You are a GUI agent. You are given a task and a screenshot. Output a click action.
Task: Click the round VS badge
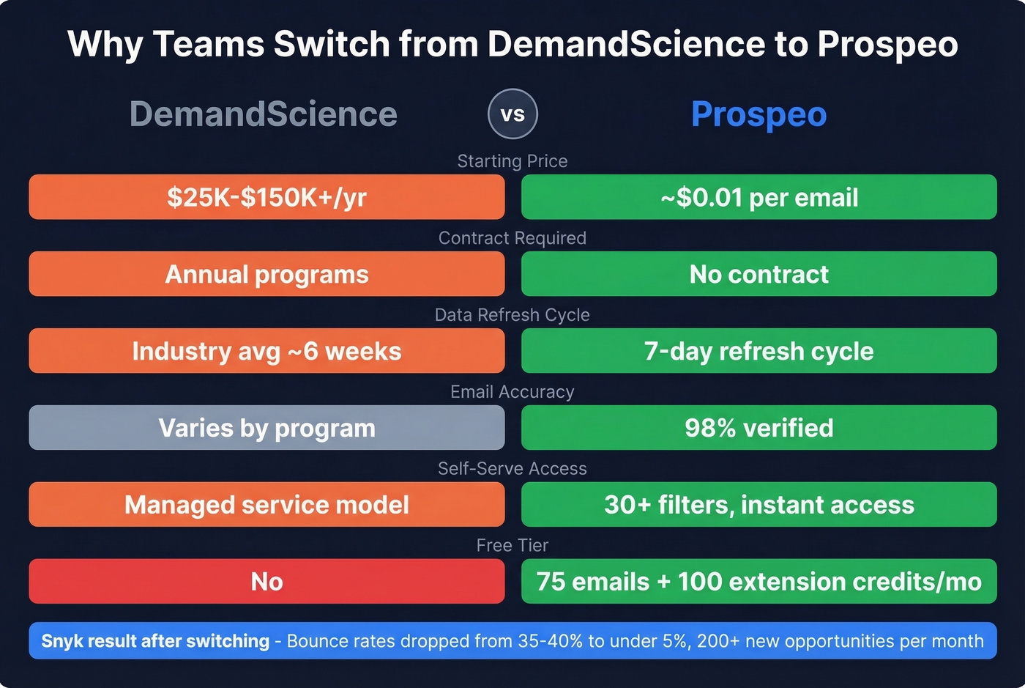pyautogui.click(x=512, y=114)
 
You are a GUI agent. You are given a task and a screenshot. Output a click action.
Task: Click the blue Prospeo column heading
pyautogui.click(x=758, y=114)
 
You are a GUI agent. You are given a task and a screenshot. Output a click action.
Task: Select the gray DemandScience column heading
pyautogui.click(x=264, y=114)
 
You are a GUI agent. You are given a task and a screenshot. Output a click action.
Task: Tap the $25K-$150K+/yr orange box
pyautogui.click(x=266, y=197)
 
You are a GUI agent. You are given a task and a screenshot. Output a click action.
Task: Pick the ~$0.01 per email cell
pyautogui.click(x=758, y=197)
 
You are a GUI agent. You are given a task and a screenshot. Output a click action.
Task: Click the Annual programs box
pyautogui.click(x=266, y=274)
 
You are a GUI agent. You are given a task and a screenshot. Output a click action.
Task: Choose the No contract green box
pyautogui.click(x=758, y=274)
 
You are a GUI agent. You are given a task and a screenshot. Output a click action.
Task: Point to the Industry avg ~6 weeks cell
pyautogui.click(x=266, y=351)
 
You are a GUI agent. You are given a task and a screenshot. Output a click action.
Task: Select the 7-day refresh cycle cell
pyautogui.click(x=758, y=351)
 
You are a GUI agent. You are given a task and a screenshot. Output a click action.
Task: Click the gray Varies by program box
pyautogui.click(x=266, y=428)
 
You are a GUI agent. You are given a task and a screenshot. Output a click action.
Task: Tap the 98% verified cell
pyautogui.click(x=758, y=428)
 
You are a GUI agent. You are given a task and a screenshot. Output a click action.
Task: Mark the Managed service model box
pyautogui.click(x=266, y=505)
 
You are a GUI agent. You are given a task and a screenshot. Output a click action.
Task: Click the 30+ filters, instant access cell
pyautogui.click(x=758, y=505)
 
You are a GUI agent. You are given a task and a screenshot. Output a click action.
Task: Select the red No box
pyautogui.click(x=266, y=582)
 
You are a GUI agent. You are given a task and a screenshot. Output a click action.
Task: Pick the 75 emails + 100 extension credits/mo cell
pyautogui.click(x=758, y=582)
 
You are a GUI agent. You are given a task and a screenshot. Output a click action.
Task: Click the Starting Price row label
pyautogui.click(x=512, y=161)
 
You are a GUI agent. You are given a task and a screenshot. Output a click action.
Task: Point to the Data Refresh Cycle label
pyautogui.click(x=512, y=315)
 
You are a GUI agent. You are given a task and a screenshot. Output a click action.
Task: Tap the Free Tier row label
pyautogui.click(x=512, y=545)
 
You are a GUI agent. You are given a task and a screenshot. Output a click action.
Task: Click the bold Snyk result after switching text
pyautogui.click(x=155, y=641)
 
